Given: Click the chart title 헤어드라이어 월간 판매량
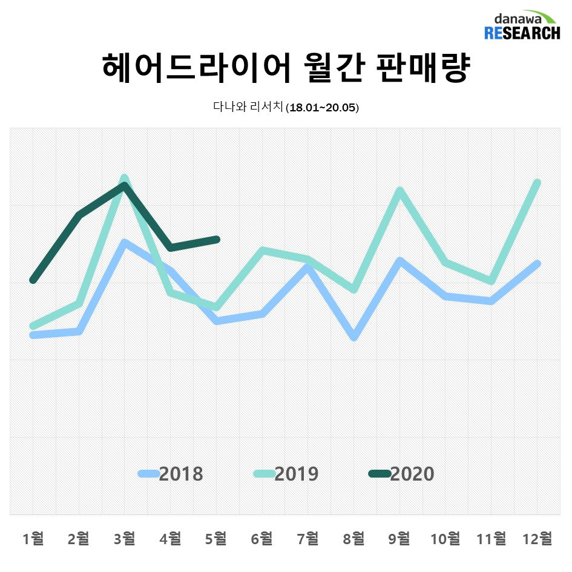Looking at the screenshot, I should point(286,68).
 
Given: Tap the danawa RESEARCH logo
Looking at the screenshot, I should point(522,25).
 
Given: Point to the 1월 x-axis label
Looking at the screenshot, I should point(33,537).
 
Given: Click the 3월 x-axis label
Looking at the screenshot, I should point(125,537).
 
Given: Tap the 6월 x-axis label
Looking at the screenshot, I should point(262,537).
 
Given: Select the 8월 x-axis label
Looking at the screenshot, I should point(353,537).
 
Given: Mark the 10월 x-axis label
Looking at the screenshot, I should point(445,537).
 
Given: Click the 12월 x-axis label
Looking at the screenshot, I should point(537,537).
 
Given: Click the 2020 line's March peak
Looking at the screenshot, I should point(125,185).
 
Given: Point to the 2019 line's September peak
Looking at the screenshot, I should point(399,191).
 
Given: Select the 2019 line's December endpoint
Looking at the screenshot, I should point(537,183).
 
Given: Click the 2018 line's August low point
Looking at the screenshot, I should point(354,337).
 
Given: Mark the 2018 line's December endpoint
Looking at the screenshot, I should point(537,264).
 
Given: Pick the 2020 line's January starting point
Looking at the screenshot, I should point(33,280).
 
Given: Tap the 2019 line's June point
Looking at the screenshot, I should point(262,251).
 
